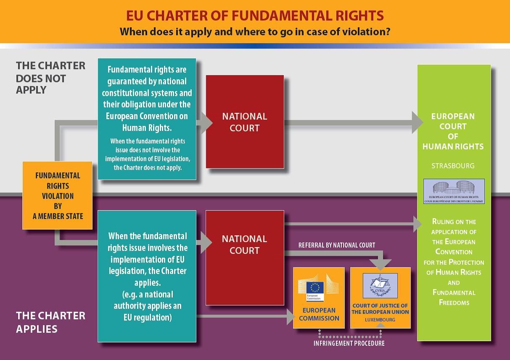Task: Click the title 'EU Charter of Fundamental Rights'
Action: pos(255,16)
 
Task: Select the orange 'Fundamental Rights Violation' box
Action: pos(57,196)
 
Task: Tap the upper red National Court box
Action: pos(245,122)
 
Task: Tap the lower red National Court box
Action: pos(245,257)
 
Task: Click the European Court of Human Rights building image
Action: pos(454,191)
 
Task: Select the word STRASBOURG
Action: pos(453,166)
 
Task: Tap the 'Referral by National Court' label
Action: pos(337,245)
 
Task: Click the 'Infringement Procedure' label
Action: pos(349,343)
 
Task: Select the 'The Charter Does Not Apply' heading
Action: pos(50,78)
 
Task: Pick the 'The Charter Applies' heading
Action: pos(50,322)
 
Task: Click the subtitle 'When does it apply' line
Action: pos(255,31)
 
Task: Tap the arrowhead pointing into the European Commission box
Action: pos(289,315)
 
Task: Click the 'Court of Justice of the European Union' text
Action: pos(380,309)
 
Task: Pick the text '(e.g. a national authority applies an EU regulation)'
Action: pos(147,305)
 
